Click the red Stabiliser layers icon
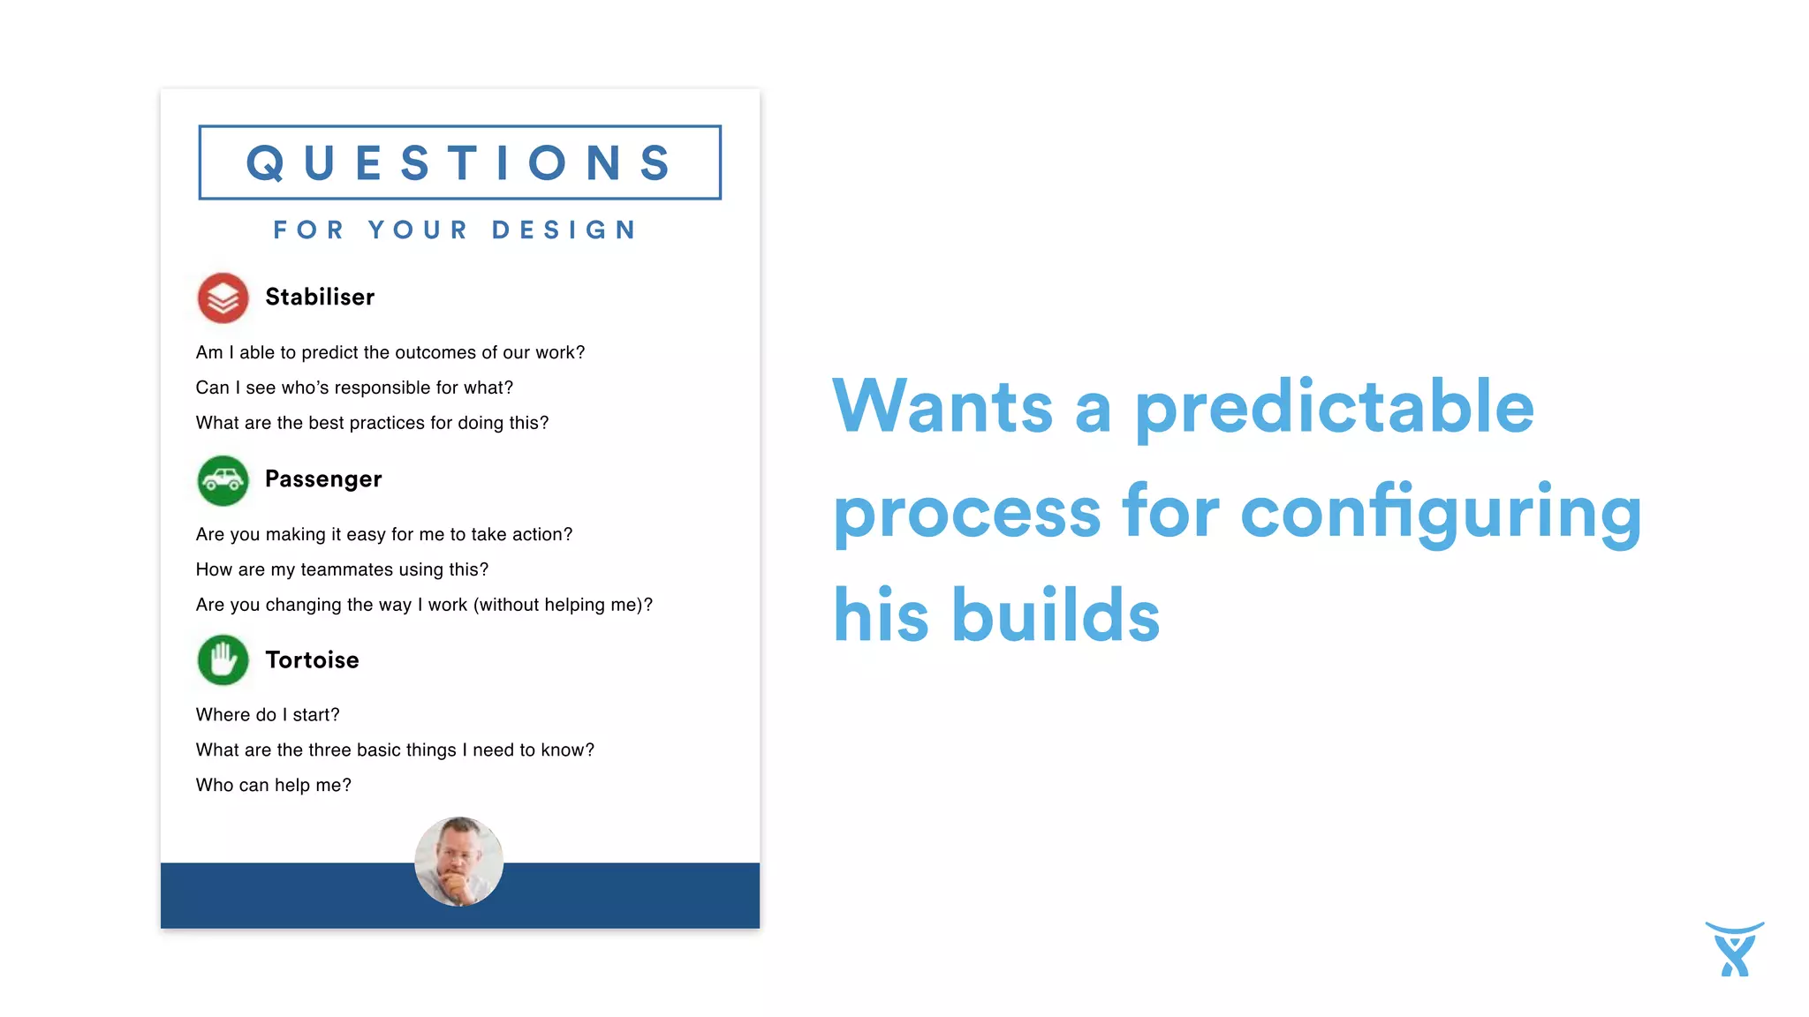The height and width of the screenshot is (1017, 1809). [x=223, y=298]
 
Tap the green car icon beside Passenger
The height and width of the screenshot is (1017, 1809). [x=223, y=480]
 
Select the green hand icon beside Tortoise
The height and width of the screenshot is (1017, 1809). [x=223, y=660]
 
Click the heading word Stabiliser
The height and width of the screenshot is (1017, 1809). [x=320, y=298]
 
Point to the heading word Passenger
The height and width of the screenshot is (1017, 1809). [x=323, y=479]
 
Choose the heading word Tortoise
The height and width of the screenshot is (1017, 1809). [x=312, y=660]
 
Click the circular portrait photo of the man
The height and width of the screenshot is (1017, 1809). [x=458, y=862]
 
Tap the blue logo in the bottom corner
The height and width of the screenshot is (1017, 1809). [x=1734, y=949]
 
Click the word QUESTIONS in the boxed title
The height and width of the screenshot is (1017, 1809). [x=459, y=163]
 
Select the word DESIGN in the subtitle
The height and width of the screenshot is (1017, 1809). [x=564, y=230]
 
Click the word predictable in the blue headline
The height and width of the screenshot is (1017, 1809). [x=1334, y=408]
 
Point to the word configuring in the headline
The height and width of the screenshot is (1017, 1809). [x=1441, y=515]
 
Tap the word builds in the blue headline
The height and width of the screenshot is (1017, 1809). [x=1056, y=615]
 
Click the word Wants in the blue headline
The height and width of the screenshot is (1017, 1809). [x=942, y=407]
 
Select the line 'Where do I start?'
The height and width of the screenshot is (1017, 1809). [x=268, y=715]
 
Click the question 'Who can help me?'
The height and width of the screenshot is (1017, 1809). [x=274, y=786]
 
